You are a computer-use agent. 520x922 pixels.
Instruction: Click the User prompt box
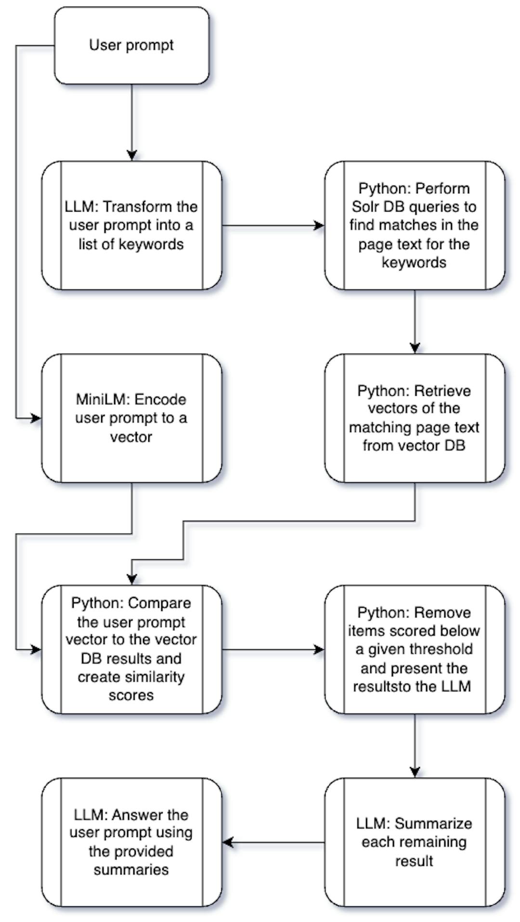pyautogui.click(x=131, y=46)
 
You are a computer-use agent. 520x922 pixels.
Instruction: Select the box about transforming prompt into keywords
pyautogui.click(x=131, y=225)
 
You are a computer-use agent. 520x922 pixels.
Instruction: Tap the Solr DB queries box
pyautogui.click(x=415, y=225)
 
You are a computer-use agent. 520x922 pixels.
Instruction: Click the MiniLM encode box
pyautogui.click(x=131, y=418)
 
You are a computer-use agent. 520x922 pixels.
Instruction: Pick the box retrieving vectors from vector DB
pyautogui.click(x=415, y=418)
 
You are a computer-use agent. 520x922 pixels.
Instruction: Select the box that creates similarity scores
pyautogui.click(x=131, y=649)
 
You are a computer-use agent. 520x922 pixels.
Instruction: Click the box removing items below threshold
pyautogui.click(x=415, y=649)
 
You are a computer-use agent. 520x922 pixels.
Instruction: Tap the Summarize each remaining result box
pyautogui.click(x=415, y=842)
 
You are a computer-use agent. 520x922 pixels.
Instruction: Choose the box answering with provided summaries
pyautogui.click(x=131, y=842)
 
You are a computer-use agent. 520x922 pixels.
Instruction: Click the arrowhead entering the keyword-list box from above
pyautogui.click(x=131, y=156)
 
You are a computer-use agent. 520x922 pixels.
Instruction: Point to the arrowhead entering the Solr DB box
pyautogui.click(x=319, y=225)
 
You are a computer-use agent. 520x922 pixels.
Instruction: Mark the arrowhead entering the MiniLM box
pyautogui.click(x=36, y=418)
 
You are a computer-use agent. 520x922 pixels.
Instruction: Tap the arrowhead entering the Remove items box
pyautogui.click(x=319, y=649)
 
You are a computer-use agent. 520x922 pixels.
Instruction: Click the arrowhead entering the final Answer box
pyautogui.click(x=228, y=842)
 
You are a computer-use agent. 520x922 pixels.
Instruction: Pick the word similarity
pyautogui.click(x=155, y=677)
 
